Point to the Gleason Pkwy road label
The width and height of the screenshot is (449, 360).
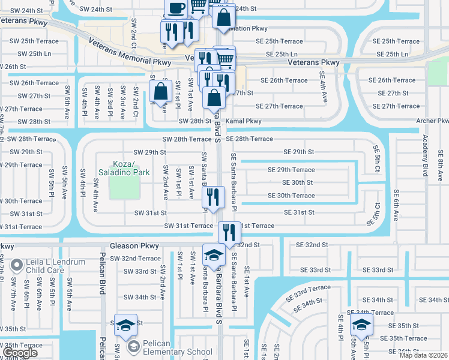point(134,246)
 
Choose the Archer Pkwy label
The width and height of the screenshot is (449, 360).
point(433,121)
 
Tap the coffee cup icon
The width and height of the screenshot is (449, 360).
point(175,8)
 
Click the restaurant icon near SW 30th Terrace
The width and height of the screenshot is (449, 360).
point(213,196)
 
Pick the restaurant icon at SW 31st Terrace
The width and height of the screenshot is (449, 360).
point(229,231)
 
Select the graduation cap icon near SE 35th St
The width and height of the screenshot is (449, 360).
point(361,325)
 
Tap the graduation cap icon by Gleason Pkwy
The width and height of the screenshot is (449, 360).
point(214,255)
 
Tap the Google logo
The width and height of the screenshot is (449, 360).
point(21,353)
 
